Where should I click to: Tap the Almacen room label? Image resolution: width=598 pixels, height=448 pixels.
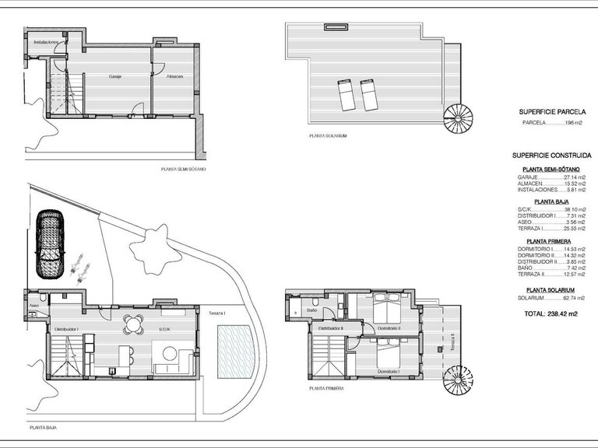pos(173,77)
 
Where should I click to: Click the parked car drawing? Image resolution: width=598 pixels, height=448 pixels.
pos(51,243)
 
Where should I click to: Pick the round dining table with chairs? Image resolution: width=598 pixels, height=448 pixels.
pos(134,324)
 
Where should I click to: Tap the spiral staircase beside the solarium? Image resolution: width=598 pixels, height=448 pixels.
pos(458,120)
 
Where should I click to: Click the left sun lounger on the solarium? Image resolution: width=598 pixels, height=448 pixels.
pos(346,96)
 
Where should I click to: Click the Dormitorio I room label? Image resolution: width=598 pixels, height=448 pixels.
pos(389,373)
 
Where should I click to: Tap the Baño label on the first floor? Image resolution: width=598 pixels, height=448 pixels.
pos(311,311)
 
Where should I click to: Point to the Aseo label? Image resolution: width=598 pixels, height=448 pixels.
pos(34,306)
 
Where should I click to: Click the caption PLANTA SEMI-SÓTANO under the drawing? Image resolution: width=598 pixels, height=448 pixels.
pos(184,168)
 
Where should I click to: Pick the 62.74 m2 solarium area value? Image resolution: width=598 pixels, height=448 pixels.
pos(572,298)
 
